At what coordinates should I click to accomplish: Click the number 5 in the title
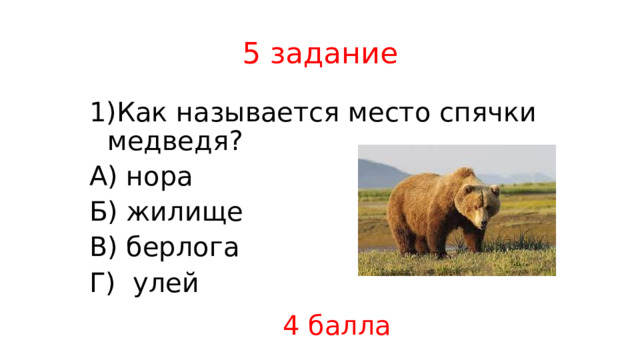coord(251,54)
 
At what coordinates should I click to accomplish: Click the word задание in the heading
coord(333,55)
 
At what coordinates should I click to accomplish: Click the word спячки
coord(487,113)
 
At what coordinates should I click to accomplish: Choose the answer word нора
coord(159,177)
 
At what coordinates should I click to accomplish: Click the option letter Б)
coord(104,212)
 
